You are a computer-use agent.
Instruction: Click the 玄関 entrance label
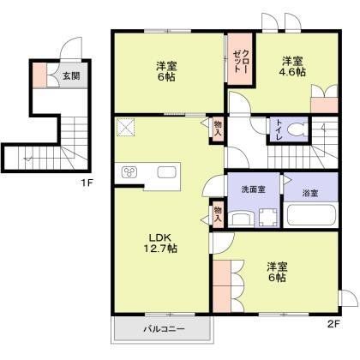pos(71,76)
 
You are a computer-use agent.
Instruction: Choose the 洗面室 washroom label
pos(251,189)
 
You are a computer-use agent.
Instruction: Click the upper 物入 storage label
pos(218,129)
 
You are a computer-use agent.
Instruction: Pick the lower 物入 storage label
pos(218,213)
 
